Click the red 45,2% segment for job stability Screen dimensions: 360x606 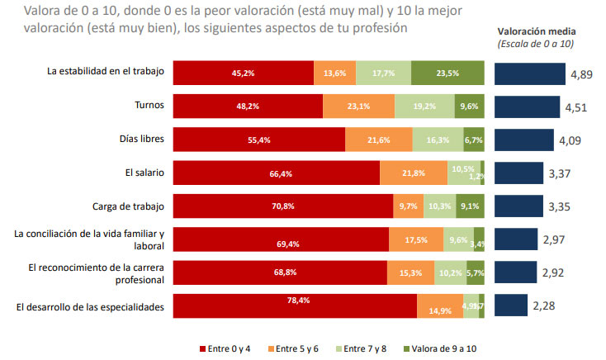click(243, 73)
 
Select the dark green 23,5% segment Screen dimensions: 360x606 click(447, 73)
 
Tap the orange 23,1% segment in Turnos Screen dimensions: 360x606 click(358, 107)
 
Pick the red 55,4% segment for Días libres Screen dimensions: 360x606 click(258, 140)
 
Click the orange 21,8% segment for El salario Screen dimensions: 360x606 click(414, 173)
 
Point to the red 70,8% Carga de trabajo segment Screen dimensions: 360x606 click(282, 206)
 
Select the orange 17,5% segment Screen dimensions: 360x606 click(416, 239)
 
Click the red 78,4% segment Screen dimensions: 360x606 click(295, 306)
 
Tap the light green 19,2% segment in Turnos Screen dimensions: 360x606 click(424, 107)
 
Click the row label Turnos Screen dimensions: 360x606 click(149, 106)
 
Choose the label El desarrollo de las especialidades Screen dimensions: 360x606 click(90, 307)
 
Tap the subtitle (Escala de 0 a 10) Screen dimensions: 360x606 click(536, 43)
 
